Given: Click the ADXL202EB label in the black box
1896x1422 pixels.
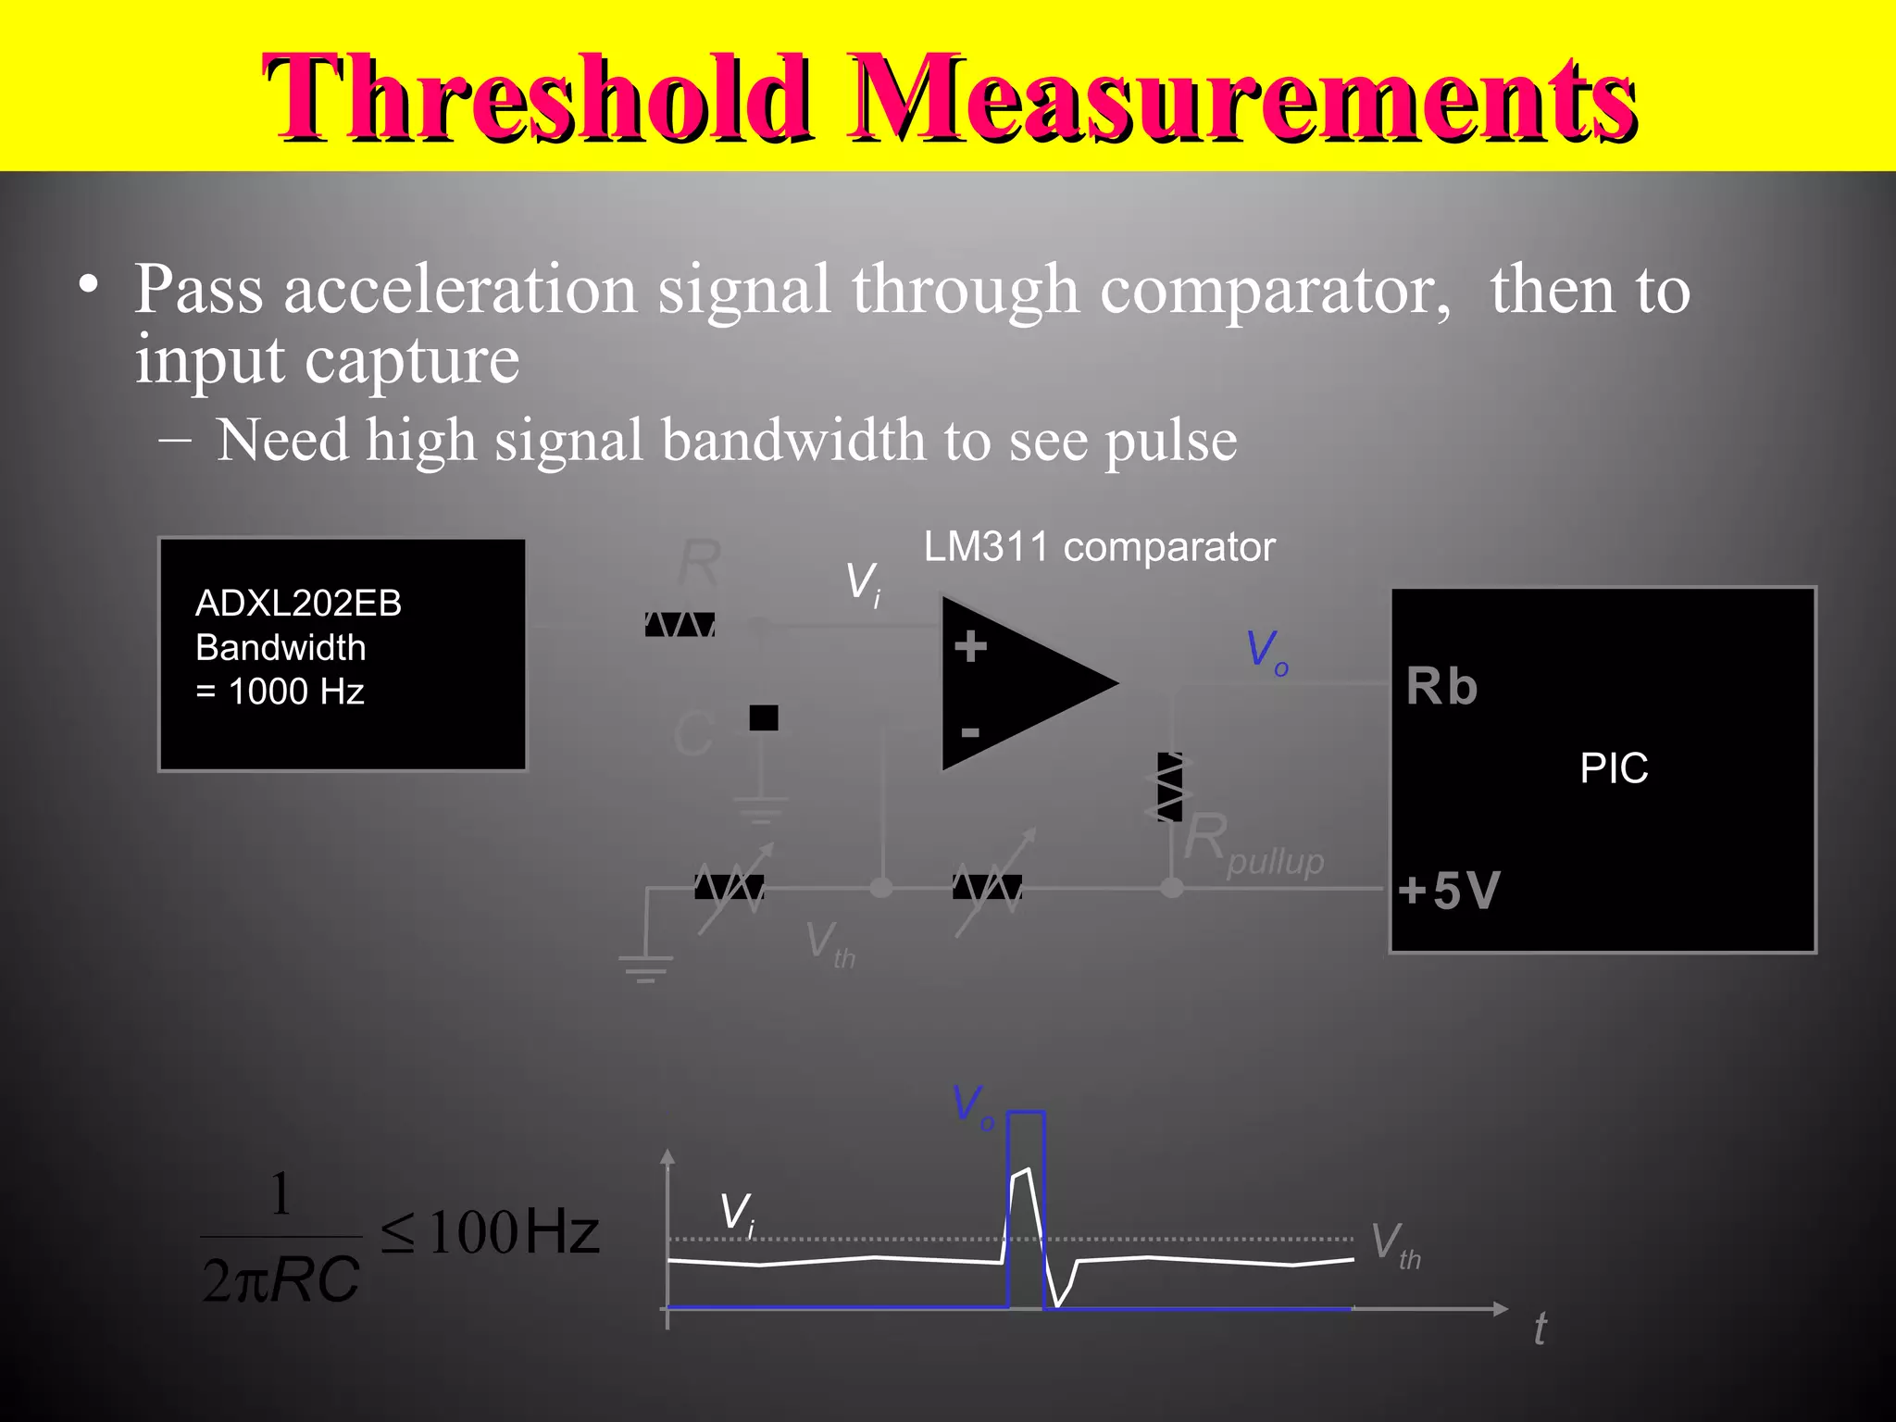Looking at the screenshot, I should click(298, 604).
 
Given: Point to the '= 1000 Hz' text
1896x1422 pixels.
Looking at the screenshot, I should click(280, 692).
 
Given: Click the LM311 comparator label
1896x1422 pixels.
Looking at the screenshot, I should click(1099, 547).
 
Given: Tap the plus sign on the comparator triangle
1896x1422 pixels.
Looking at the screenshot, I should click(970, 646).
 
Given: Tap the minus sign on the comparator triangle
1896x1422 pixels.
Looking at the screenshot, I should click(970, 733).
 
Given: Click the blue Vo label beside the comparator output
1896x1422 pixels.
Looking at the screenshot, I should click(1266, 651).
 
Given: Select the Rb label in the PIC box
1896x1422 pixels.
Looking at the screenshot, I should click(1441, 687).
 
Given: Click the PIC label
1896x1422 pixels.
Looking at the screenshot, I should click(1614, 768).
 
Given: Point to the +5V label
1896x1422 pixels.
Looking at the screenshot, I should click(1449, 890).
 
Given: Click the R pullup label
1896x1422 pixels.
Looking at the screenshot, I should click(1254, 844).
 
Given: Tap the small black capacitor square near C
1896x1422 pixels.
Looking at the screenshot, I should click(764, 717).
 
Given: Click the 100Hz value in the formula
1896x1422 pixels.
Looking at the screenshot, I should click(514, 1233).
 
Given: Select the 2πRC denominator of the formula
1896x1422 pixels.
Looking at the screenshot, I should click(281, 1280).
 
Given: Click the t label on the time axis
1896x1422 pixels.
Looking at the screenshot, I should click(1540, 1329).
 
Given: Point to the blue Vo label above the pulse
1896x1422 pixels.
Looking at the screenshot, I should click(972, 1106).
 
